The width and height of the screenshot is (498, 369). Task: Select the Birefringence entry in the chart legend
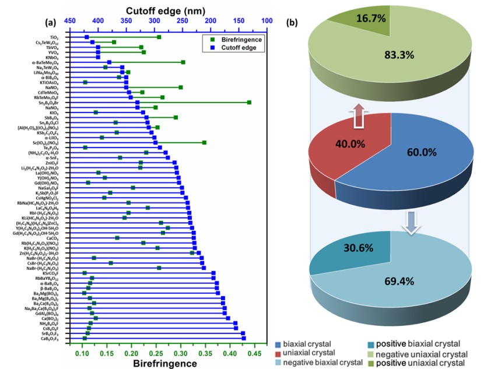(233, 39)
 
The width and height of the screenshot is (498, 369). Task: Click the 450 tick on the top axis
(69, 21)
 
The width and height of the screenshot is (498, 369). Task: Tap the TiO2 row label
(53, 37)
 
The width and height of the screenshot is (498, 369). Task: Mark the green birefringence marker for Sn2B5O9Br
(249, 103)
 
